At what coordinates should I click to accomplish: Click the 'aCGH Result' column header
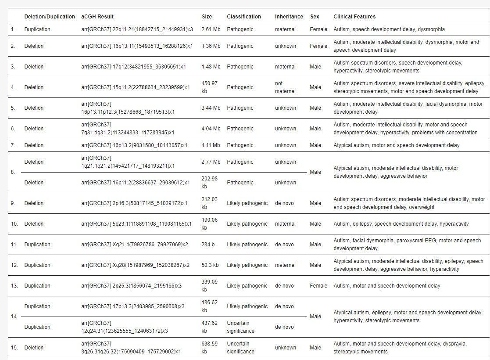point(97,17)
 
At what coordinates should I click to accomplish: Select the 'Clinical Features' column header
point(354,17)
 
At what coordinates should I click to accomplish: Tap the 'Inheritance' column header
point(289,17)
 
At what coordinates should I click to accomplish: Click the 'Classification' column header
point(243,17)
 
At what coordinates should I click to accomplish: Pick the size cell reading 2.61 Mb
point(211,29)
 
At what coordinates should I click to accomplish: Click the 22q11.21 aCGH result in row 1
point(137,29)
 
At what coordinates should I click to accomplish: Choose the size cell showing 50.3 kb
point(210,265)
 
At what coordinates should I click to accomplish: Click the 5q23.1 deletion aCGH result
point(136,224)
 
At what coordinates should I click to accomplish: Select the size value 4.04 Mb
point(211,129)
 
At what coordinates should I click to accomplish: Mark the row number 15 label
point(14,348)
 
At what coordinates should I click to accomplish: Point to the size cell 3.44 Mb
point(211,108)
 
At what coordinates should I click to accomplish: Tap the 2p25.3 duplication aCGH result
point(131,286)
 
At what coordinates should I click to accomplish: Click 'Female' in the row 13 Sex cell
point(318,286)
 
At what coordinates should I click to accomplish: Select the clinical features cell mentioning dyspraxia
point(400,348)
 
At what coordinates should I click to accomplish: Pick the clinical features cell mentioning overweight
point(409,203)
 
